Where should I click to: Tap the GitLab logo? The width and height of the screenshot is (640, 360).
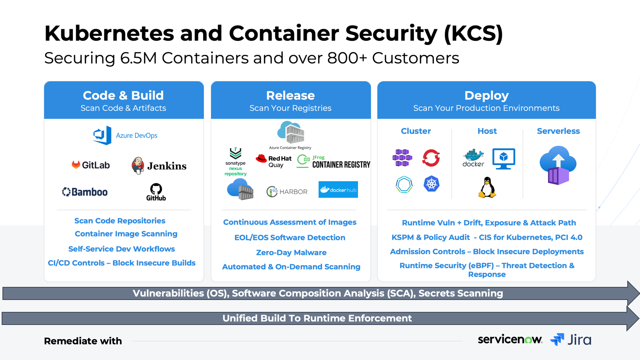click(x=90, y=165)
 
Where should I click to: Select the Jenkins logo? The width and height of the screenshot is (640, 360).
click(x=159, y=166)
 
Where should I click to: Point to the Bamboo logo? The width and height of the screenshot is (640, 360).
click(x=85, y=192)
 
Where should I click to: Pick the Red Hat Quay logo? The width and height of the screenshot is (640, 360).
click(x=274, y=161)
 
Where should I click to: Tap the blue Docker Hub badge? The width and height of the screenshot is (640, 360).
click(x=338, y=190)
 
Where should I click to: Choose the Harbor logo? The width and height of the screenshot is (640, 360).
click(x=287, y=192)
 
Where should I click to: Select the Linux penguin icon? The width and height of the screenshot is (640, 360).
click(x=487, y=188)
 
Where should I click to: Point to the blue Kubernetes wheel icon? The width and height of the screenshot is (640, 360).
click(x=431, y=184)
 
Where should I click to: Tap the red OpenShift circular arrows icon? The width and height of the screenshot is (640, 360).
click(x=431, y=158)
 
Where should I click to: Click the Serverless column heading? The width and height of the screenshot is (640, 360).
click(x=558, y=131)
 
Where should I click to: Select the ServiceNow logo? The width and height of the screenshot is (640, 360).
click(x=510, y=340)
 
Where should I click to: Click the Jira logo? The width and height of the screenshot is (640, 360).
click(x=571, y=340)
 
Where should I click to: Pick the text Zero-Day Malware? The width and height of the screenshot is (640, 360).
click(x=291, y=252)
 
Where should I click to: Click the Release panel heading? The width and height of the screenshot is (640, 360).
click(x=290, y=96)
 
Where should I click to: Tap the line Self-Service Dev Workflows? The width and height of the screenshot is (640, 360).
click(x=122, y=249)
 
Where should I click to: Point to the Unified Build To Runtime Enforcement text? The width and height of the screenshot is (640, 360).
click(x=317, y=318)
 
